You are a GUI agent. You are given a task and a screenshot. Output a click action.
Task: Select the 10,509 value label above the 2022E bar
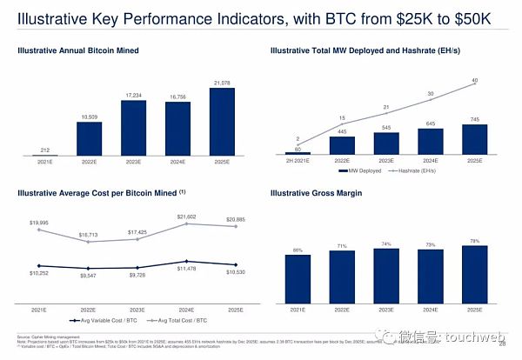[89, 116]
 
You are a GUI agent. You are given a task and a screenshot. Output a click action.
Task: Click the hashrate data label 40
[474, 81]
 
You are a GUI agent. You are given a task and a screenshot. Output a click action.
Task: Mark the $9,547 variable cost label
[89, 275]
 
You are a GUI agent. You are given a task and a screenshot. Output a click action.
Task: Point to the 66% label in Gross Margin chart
[298, 250]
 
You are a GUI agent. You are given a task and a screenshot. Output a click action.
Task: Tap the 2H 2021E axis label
[298, 160]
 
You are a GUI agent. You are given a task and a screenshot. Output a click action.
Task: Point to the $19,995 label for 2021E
[39, 223]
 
